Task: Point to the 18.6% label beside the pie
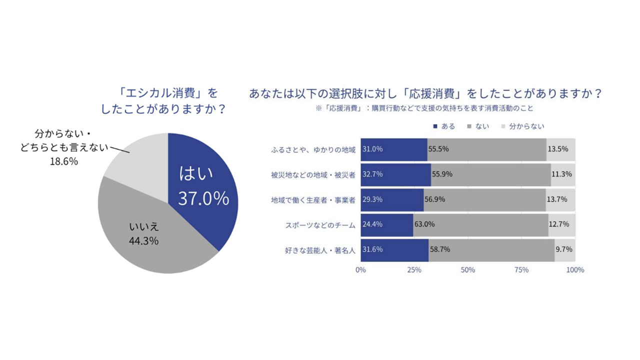tap(63, 162)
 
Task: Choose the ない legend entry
tap(478, 126)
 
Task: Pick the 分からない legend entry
tap(522, 126)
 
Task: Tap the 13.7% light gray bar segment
tap(560, 199)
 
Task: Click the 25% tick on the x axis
tap(413, 270)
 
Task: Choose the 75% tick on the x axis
tap(521, 270)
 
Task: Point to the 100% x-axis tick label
tap(575, 270)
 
